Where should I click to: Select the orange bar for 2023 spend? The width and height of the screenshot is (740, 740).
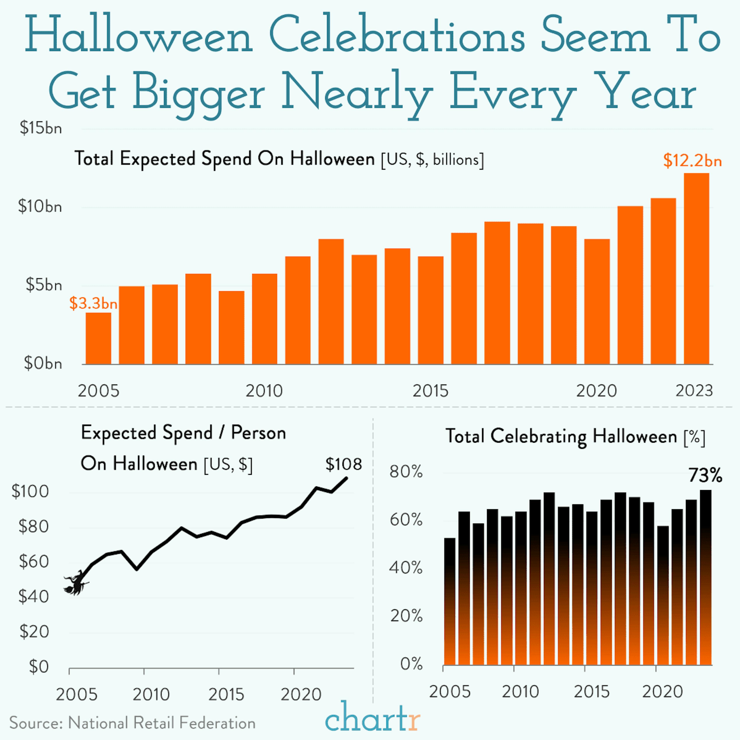696,268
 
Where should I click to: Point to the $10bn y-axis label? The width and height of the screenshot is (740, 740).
40,207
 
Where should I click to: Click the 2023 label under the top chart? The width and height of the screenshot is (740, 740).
694,391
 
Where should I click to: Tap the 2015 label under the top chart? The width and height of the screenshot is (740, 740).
430,391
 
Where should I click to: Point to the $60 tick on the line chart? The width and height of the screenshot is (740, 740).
34,562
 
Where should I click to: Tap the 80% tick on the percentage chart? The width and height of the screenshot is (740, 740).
406,472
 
